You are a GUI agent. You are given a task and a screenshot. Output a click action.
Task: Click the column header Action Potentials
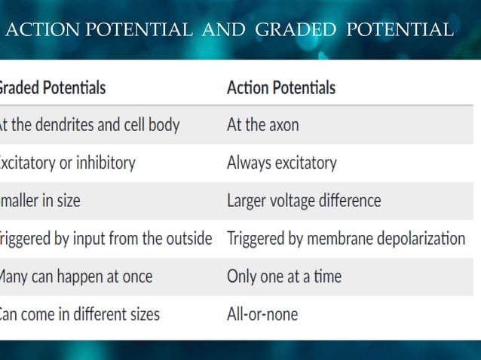tap(280, 87)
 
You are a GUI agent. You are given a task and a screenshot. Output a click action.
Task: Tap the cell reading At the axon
tap(262, 125)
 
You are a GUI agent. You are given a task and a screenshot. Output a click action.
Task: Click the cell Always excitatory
tap(281, 163)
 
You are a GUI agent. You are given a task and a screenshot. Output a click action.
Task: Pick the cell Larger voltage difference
tap(303, 201)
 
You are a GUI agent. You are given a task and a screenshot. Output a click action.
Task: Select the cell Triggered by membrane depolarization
tap(345, 239)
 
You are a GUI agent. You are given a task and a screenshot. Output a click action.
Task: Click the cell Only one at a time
tap(283, 276)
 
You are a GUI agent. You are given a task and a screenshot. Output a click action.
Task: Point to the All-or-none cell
tap(262, 313)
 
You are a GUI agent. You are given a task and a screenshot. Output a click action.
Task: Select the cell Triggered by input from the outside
tap(106, 239)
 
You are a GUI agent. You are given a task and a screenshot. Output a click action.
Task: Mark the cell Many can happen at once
tap(75, 276)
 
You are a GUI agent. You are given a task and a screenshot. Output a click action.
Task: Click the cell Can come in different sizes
tap(79, 313)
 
